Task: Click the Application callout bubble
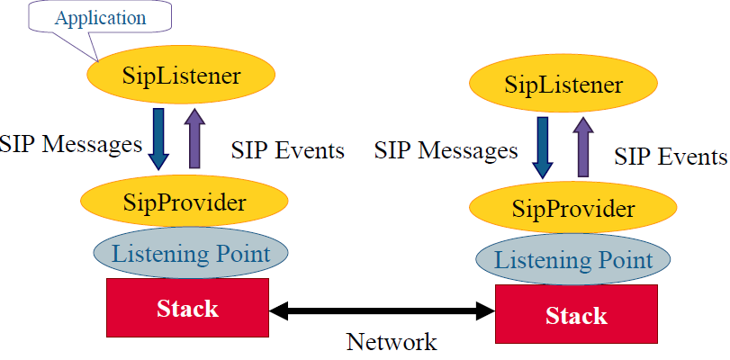[x=100, y=19]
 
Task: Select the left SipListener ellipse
[x=182, y=76]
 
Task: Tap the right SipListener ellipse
[x=563, y=85]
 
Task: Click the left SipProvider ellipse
[x=185, y=202]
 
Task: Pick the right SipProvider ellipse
[x=573, y=209]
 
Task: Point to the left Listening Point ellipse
[x=191, y=254]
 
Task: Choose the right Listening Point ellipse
[x=573, y=259]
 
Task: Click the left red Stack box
[x=187, y=308]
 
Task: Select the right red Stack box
[x=576, y=314]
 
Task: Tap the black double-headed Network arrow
[x=382, y=310]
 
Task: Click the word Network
[x=392, y=342]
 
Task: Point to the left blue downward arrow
[x=158, y=139]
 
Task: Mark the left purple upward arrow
[x=194, y=138]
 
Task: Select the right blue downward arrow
[x=543, y=148]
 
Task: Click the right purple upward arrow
[x=583, y=147]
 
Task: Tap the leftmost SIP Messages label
[x=71, y=144]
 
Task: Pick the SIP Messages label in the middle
[x=446, y=151]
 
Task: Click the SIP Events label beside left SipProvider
[x=288, y=150]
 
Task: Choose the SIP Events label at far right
[x=671, y=157]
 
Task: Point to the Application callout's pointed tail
[x=98, y=60]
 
